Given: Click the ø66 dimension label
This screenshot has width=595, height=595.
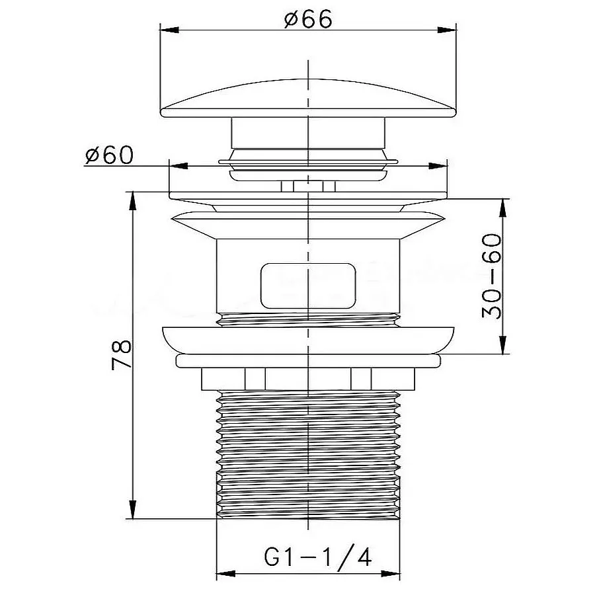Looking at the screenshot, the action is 308,19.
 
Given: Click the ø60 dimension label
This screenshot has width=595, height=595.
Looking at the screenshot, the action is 110,155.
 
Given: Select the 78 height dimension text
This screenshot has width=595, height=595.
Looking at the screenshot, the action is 122,355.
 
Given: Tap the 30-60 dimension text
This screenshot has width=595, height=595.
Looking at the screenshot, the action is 491,276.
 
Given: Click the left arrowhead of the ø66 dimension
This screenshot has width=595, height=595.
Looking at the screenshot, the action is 170,30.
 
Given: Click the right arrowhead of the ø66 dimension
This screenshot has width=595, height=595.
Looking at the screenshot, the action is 447,30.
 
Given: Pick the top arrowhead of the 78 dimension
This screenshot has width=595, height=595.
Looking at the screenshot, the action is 132,202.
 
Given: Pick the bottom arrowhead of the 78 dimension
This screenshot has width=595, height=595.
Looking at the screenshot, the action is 132,509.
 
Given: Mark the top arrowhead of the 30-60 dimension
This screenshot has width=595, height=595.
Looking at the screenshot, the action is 503,208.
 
